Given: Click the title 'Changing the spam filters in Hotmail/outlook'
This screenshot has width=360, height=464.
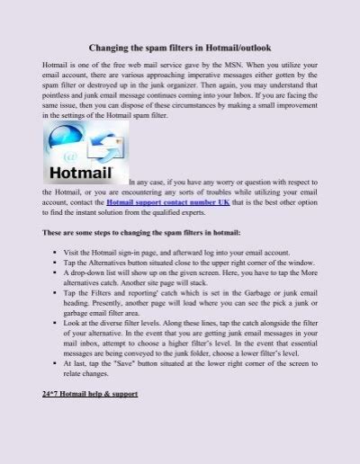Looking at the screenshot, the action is click(179, 46).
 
